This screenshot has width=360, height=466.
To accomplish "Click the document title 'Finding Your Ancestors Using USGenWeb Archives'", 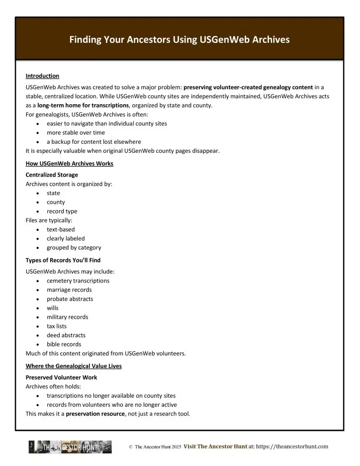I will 179,40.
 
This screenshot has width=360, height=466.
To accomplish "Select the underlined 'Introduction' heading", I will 42,76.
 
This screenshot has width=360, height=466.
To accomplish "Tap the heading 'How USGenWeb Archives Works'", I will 69,163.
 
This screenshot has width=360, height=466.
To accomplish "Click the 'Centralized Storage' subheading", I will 51,175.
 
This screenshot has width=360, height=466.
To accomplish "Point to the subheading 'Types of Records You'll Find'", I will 63,260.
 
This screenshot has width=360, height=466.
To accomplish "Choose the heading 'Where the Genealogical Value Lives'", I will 73,366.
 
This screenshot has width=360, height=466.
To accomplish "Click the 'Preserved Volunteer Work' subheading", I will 61,377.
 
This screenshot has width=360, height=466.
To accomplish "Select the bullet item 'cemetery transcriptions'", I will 78,281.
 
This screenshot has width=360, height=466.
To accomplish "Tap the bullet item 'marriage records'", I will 69,290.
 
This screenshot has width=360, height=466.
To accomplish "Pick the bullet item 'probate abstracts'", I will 70,299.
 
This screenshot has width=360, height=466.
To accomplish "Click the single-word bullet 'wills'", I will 52,308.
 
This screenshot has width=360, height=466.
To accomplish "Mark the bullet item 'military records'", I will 67,317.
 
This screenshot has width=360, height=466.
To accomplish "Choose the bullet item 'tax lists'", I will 56,326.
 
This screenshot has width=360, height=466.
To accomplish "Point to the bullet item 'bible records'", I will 64,344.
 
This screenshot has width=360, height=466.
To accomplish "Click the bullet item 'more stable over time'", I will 76,132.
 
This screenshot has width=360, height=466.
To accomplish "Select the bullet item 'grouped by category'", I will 74,248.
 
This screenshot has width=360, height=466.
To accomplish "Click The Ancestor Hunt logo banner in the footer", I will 70,447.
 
